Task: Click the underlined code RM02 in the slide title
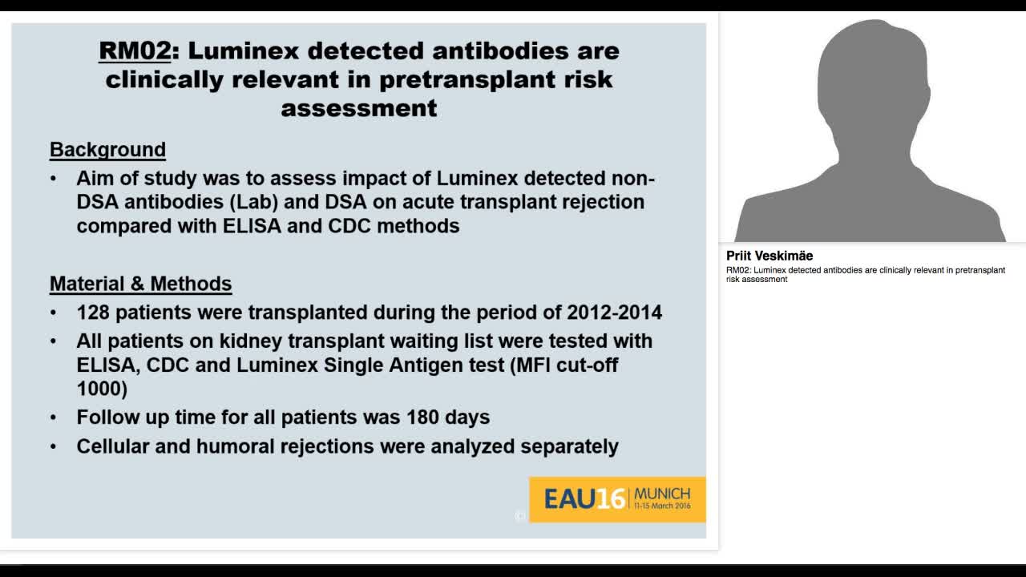coord(135,50)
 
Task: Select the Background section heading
coord(107,150)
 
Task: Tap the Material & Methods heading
coord(140,284)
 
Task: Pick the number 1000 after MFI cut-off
coord(102,389)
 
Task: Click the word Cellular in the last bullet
coord(113,446)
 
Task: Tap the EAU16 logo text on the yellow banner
coord(584,499)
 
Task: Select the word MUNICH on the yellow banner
coord(662,494)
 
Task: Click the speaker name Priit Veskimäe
coord(769,256)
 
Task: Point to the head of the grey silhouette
coord(872,72)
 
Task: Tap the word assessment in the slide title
coord(359,108)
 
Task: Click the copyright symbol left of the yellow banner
coord(519,516)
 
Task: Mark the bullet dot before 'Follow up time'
coord(54,418)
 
